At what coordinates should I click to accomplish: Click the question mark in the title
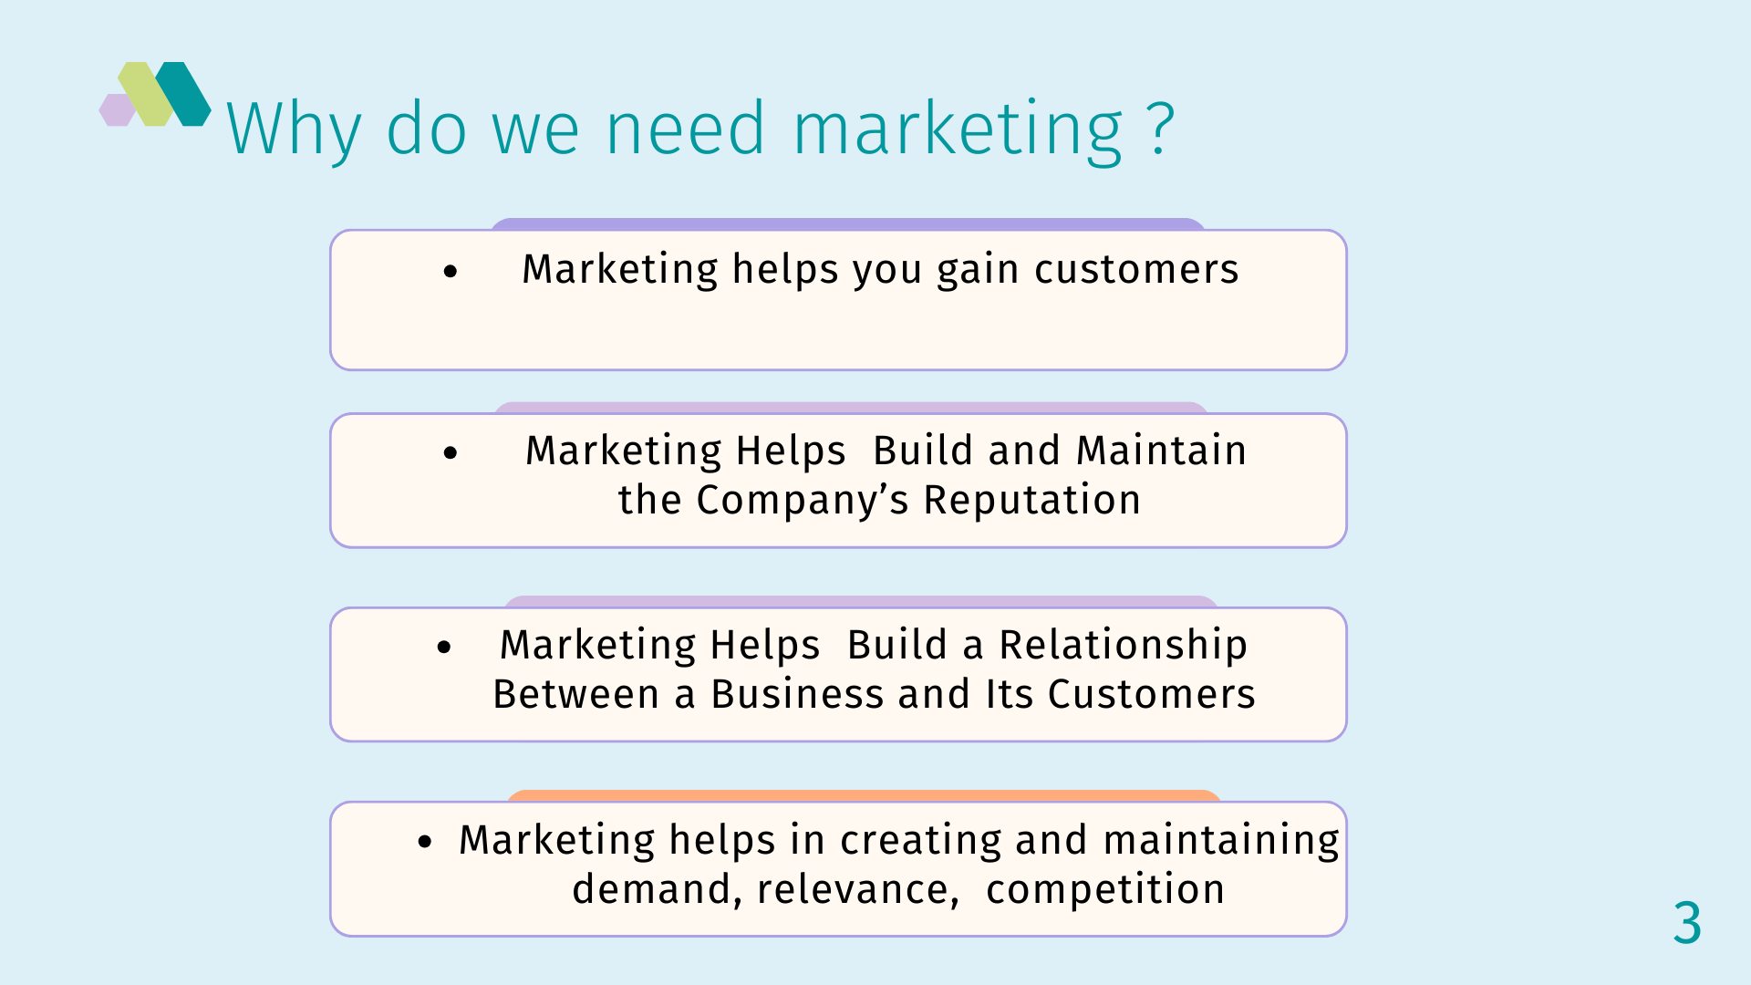coord(1161,129)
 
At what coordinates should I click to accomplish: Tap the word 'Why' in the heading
coord(294,130)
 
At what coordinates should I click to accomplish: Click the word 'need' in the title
coord(686,129)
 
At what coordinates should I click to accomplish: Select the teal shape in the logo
coord(183,94)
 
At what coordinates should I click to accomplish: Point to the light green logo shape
coord(146,94)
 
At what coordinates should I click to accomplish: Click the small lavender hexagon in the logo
coord(117,109)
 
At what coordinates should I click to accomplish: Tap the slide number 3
coord(1687,922)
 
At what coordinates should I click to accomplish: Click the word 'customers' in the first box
coord(1136,269)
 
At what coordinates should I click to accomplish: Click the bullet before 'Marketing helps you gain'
coord(451,271)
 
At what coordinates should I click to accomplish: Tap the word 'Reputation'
coord(1032,501)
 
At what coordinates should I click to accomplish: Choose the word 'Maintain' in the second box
coord(1161,451)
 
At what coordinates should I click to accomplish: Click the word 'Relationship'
coord(1124,646)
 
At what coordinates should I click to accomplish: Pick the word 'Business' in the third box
coord(797,694)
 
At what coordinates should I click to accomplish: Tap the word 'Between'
coord(576,694)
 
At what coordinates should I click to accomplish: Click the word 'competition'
coord(1105,890)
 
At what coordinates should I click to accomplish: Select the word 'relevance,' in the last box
coord(857,890)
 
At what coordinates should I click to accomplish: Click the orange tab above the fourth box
coord(864,795)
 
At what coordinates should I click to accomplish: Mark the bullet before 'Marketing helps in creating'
coord(425,842)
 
